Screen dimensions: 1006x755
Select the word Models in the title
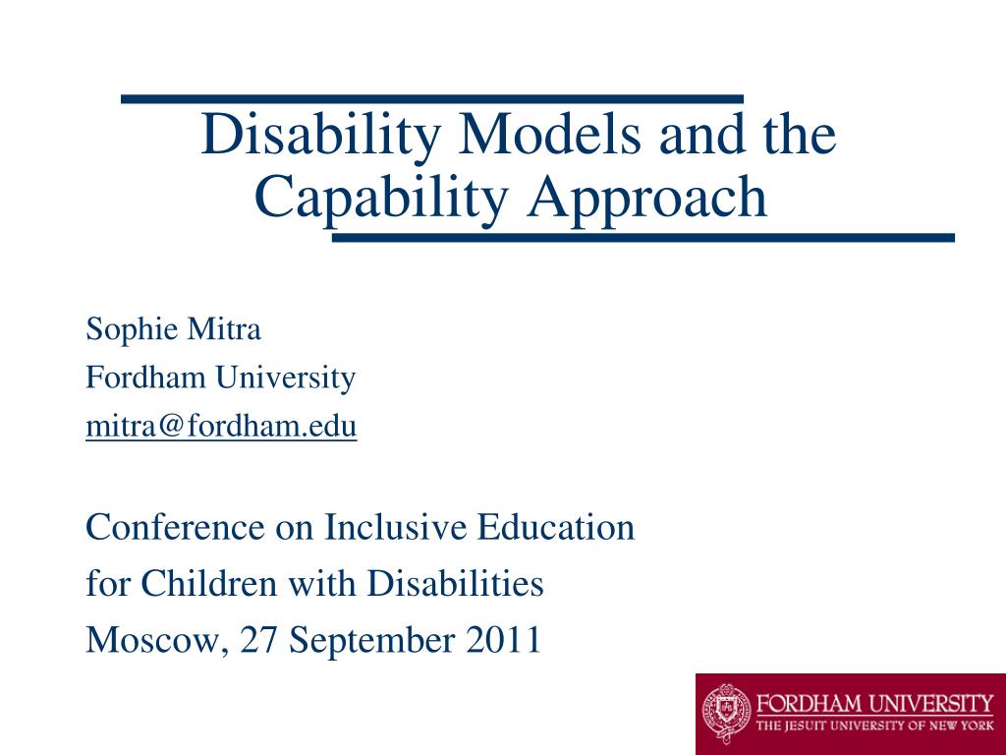click(549, 134)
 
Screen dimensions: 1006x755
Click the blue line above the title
click(432, 99)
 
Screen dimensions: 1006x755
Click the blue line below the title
click(643, 238)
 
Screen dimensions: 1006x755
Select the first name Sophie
click(132, 330)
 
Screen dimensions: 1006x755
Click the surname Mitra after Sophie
click(224, 328)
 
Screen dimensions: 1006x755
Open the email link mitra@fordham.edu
click(221, 427)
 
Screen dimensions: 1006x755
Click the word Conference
click(175, 527)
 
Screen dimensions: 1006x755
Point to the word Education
click(556, 527)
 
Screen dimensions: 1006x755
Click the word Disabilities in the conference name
click(456, 583)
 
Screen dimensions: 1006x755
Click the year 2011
click(504, 639)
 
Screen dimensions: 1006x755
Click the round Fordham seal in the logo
click(726, 713)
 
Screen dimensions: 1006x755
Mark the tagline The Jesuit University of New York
click(874, 726)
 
